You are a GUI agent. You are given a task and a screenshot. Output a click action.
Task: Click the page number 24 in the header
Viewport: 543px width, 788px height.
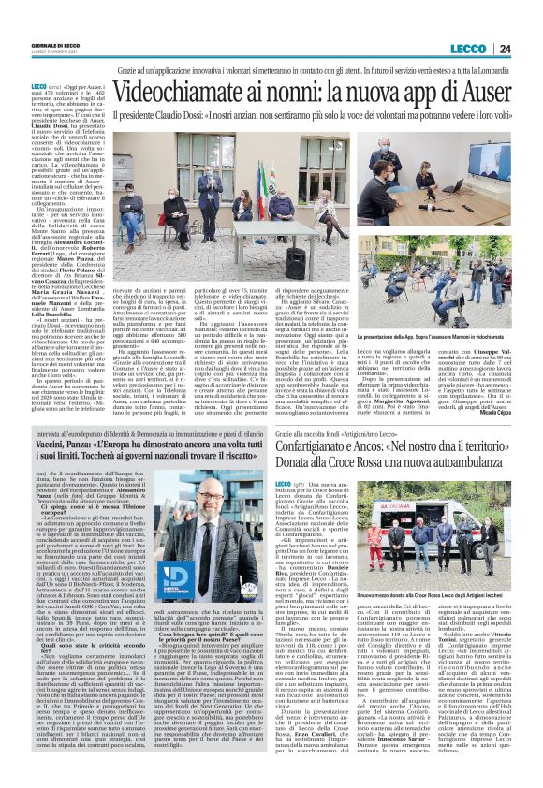pos(528,51)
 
